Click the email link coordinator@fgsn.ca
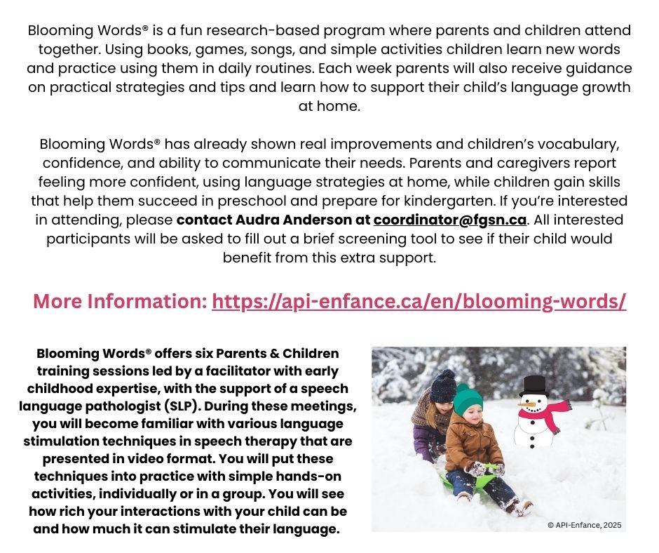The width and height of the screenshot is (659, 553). (449, 220)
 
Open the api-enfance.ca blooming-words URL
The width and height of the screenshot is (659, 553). (419, 302)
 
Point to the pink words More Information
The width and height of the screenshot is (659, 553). (120, 302)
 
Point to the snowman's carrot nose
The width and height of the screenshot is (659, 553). (525, 404)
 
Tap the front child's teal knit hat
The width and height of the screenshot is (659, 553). (468, 399)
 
